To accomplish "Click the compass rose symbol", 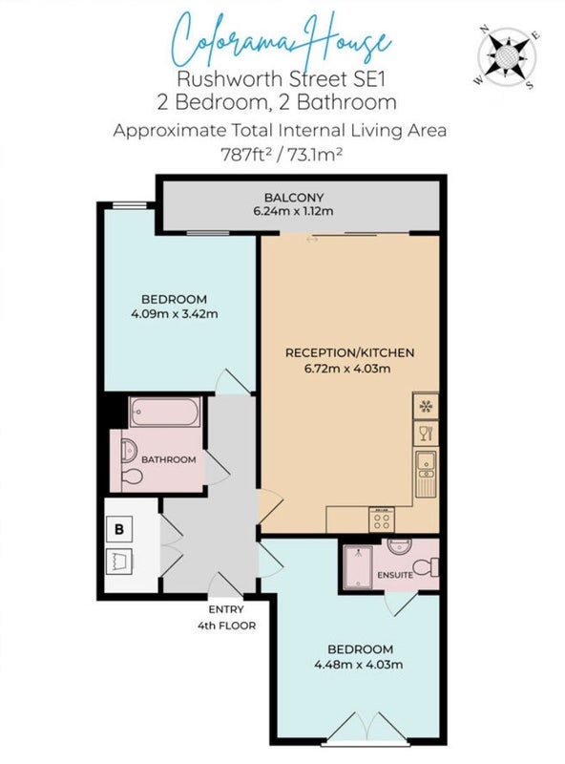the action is pyautogui.click(x=507, y=57).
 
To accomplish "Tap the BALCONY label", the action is pyautogui.click(x=294, y=198).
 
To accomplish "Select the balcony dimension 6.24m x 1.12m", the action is pyautogui.click(x=293, y=211).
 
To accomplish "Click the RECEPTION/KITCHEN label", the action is pyautogui.click(x=349, y=352).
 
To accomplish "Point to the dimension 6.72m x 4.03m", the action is pyautogui.click(x=347, y=369).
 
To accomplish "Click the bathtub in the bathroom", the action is pyautogui.click(x=165, y=413).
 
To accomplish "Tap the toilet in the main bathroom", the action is pyautogui.click(x=132, y=476).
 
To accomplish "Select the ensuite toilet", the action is pyautogui.click(x=426, y=567).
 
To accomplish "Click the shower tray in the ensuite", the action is pyautogui.click(x=358, y=566).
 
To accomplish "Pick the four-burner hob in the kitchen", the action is pyautogui.click(x=382, y=520).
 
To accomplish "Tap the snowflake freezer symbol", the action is pyautogui.click(x=426, y=407).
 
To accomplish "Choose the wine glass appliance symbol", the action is pyautogui.click(x=426, y=434).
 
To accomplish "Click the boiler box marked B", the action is pyautogui.click(x=119, y=529).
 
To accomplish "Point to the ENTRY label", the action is pyautogui.click(x=226, y=609).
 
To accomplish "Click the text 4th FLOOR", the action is pyautogui.click(x=226, y=626).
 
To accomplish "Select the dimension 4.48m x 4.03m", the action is pyautogui.click(x=359, y=665).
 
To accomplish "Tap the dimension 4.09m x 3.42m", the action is pyautogui.click(x=175, y=314).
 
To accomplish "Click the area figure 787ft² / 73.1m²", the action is pyautogui.click(x=282, y=155).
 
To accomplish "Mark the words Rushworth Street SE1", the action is pyautogui.click(x=281, y=79).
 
